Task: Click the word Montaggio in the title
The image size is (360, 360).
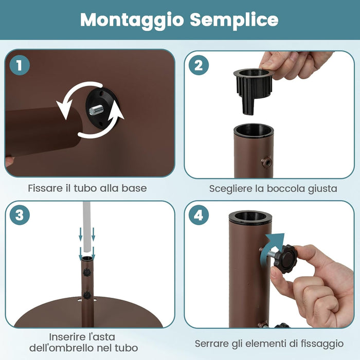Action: pyautogui.click(x=132, y=20)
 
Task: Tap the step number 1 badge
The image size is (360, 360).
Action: pyautogui.click(x=20, y=65)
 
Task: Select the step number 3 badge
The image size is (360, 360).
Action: pyautogui.click(x=20, y=215)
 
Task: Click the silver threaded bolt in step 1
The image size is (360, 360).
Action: pyautogui.click(x=96, y=110)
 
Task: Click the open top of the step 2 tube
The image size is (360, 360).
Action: pyautogui.click(x=254, y=129)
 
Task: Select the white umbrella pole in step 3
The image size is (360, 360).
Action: pyautogui.click(x=88, y=226)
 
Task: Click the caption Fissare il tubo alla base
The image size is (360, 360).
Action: pyautogui.click(x=87, y=188)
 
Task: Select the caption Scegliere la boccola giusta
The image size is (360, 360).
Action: pyautogui.click(x=273, y=188)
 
